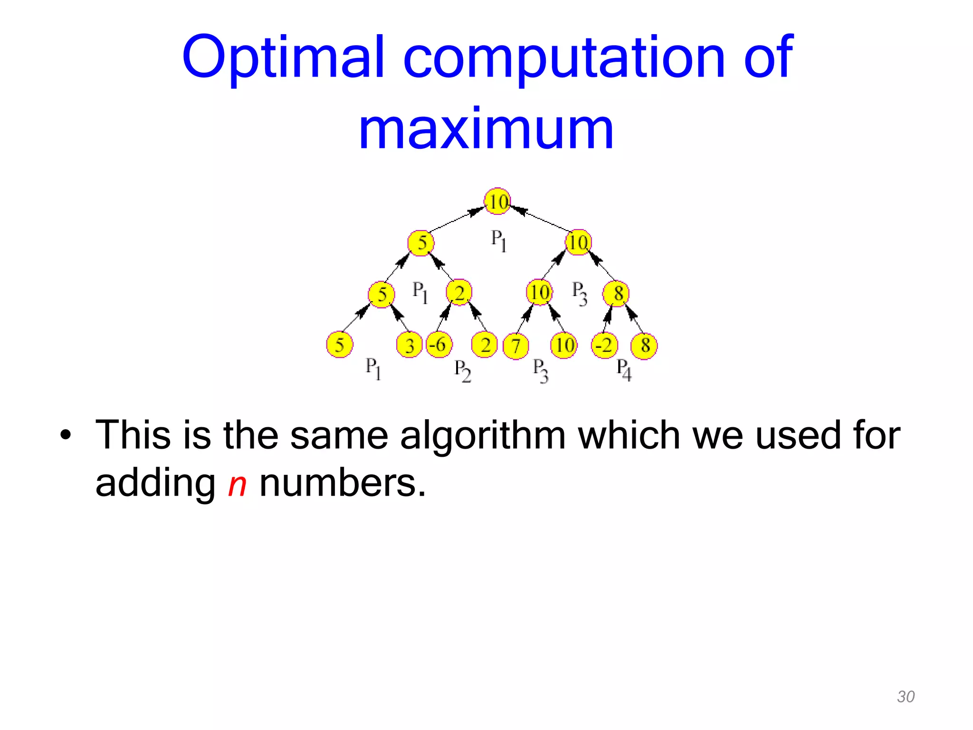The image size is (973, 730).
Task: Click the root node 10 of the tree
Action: (497, 202)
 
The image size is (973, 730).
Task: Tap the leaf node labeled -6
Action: (439, 345)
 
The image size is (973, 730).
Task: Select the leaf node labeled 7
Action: (516, 346)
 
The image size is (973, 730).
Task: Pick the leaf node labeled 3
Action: (409, 346)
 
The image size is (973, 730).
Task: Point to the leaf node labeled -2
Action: (604, 345)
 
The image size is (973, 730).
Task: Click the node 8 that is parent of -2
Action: (616, 293)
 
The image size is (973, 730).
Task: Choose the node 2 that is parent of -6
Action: (459, 292)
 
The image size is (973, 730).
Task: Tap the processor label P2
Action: (462, 370)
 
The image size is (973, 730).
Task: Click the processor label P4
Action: (624, 369)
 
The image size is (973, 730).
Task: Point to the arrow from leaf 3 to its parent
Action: (400, 318)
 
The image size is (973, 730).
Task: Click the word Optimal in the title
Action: (283, 57)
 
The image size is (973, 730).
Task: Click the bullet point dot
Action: (66, 435)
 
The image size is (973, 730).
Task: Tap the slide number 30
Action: (906, 696)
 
